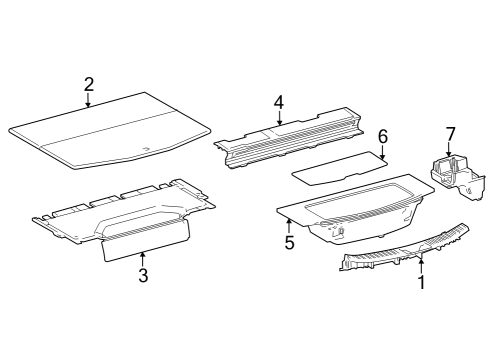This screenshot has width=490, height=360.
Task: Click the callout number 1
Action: [x=422, y=283]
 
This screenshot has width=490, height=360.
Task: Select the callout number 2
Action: [x=89, y=85]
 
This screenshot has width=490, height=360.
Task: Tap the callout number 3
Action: [x=143, y=276]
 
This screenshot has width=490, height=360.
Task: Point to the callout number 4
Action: [x=279, y=103]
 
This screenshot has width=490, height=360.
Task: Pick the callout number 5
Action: [x=290, y=243]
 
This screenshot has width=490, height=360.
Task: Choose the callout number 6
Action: [x=383, y=137]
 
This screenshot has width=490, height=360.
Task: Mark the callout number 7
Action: [x=450, y=134]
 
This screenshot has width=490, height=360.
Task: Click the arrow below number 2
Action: [x=88, y=100]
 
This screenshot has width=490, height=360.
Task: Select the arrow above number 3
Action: [x=143, y=259]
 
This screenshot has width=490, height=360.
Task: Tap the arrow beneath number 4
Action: [x=279, y=118]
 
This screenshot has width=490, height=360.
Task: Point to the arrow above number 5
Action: [x=289, y=225]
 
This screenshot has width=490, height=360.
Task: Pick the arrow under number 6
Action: [x=383, y=152]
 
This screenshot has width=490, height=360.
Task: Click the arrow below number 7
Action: [x=449, y=149]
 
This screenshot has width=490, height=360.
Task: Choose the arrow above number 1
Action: [x=421, y=266]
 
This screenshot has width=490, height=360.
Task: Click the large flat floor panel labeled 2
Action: [x=110, y=130]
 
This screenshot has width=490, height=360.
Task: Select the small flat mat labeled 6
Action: [x=340, y=169]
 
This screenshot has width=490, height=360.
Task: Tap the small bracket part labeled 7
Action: [x=458, y=178]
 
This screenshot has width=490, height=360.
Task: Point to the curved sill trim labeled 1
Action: [x=404, y=247]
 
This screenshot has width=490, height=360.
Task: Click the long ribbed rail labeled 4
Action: [x=288, y=138]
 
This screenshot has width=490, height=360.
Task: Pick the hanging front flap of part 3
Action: [x=146, y=240]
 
